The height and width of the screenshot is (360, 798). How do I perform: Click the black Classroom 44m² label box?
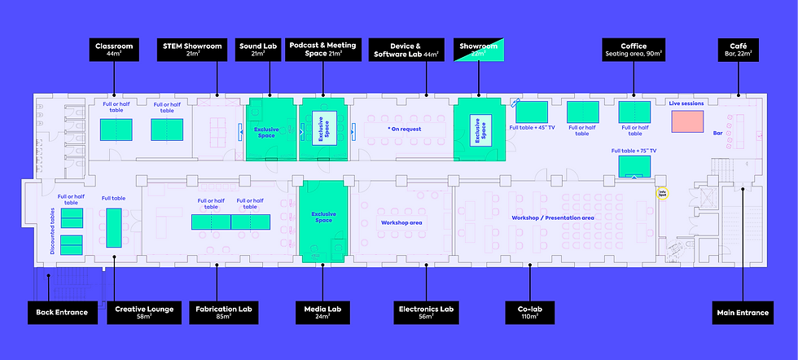tap(113, 50)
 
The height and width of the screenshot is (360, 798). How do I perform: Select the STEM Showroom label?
tap(191, 50)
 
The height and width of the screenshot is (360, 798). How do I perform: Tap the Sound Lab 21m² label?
tap(258, 50)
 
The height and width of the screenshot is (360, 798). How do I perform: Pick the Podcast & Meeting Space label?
tap(323, 50)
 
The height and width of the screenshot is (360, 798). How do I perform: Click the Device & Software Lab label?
tap(406, 50)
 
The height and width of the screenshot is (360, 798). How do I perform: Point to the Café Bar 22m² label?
tap(739, 50)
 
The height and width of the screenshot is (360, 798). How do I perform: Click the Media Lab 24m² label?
tap(322, 312)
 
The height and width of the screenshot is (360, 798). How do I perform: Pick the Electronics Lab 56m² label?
tap(425, 312)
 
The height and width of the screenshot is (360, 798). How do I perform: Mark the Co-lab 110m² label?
tap(530, 312)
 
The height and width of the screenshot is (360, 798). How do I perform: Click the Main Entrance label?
tap(742, 312)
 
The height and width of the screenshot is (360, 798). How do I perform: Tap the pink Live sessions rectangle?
tap(686, 121)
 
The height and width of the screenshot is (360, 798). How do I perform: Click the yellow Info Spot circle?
tap(663, 194)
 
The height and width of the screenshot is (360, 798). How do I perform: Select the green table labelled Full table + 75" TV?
tap(634, 166)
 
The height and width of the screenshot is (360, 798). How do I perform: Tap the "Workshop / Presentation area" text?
tap(552, 218)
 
